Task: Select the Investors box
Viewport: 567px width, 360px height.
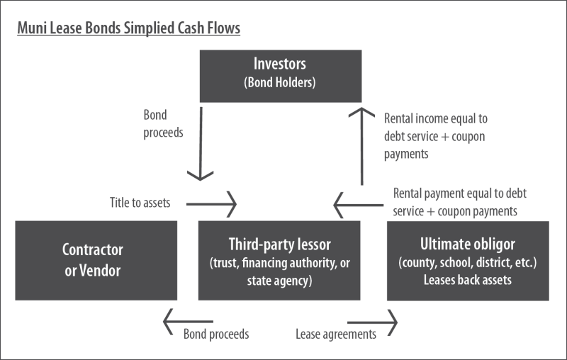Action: tap(279, 72)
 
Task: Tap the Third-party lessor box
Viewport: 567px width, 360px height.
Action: tap(279, 260)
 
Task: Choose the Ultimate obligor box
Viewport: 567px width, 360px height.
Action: tap(468, 260)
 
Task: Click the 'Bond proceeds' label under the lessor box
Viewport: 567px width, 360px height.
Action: tap(215, 333)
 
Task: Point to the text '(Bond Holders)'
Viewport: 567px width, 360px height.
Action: tap(279, 81)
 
